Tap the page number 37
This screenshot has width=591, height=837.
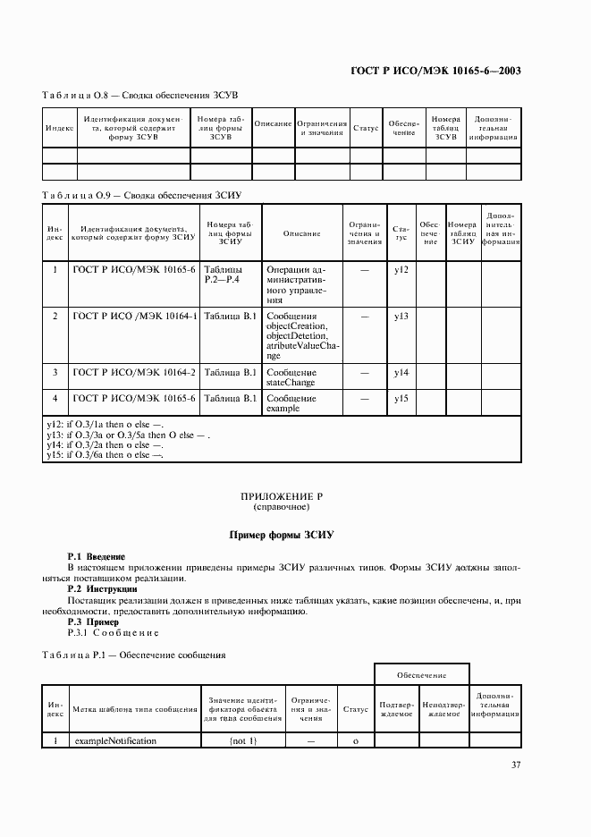pos(516,765)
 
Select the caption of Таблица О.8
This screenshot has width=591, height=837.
pos(139,95)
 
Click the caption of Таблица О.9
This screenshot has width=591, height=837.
pos(142,194)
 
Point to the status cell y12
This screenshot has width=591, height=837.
pos(401,270)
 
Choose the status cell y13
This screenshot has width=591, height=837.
pos(401,317)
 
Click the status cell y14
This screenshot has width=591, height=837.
pos(401,372)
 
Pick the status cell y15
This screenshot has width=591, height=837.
pos(401,398)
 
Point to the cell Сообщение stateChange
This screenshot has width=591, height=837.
pos(291,376)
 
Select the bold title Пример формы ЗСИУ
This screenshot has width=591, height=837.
pos(281,535)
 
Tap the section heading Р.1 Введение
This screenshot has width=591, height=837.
pos(97,557)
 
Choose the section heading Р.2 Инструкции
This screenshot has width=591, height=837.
pos(102,589)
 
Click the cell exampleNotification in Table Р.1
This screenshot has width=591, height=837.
pos(115,740)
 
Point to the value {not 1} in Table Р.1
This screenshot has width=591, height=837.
pos(242,740)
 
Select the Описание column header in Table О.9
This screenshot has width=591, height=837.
pos(301,233)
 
